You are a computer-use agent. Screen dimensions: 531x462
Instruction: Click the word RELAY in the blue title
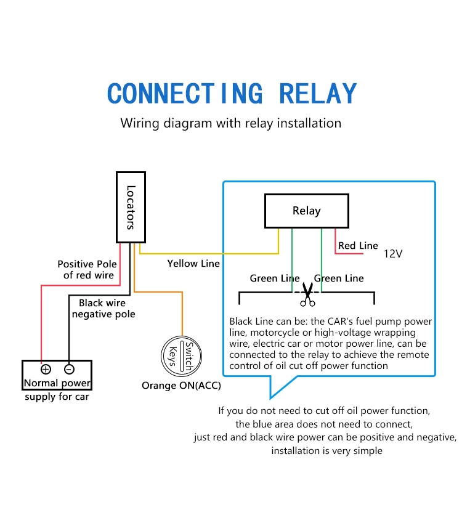[318, 94]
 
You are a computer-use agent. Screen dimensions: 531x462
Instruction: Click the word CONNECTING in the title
[185, 94]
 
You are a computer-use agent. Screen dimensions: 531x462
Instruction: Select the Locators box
[131, 206]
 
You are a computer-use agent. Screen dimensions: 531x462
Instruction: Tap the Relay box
[306, 211]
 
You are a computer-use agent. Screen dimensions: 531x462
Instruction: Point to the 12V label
[393, 253]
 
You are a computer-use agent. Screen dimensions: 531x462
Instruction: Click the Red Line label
[358, 246]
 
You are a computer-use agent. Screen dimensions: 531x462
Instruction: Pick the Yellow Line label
[193, 264]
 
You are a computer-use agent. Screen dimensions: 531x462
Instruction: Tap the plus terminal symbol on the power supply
[46, 370]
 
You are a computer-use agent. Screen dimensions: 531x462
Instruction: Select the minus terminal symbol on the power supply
[69, 370]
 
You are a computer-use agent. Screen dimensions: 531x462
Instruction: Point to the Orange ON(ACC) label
[181, 386]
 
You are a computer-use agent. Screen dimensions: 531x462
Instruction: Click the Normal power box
[57, 375]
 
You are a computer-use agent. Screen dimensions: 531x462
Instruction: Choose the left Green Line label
[274, 278]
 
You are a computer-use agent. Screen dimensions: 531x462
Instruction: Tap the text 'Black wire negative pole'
[103, 309]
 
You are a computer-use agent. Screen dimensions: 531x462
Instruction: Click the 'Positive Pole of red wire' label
[87, 269]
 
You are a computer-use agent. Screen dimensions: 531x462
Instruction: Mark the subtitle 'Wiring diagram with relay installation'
[230, 123]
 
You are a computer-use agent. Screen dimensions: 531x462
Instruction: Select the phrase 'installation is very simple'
[326, 451]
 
